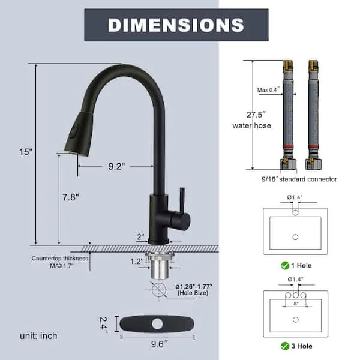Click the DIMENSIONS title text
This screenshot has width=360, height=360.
pyautogui.click(x=176, y=25)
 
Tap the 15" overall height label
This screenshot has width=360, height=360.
pyautogui.click(x=25, y=152)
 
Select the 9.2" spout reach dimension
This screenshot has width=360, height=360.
pyautogui.click(x=116, y=166)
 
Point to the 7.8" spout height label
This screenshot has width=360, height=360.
pyautogui.click(x=70, y=197)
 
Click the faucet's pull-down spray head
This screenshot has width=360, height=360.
pyautogui.click(x=79, y=134)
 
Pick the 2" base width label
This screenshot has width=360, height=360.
pyautogui.click(x=140, y=236)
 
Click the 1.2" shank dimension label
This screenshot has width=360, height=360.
pyautogui.click(x=137, y=261)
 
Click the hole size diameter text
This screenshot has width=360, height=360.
pyautogui.click(x=194, y=290)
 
